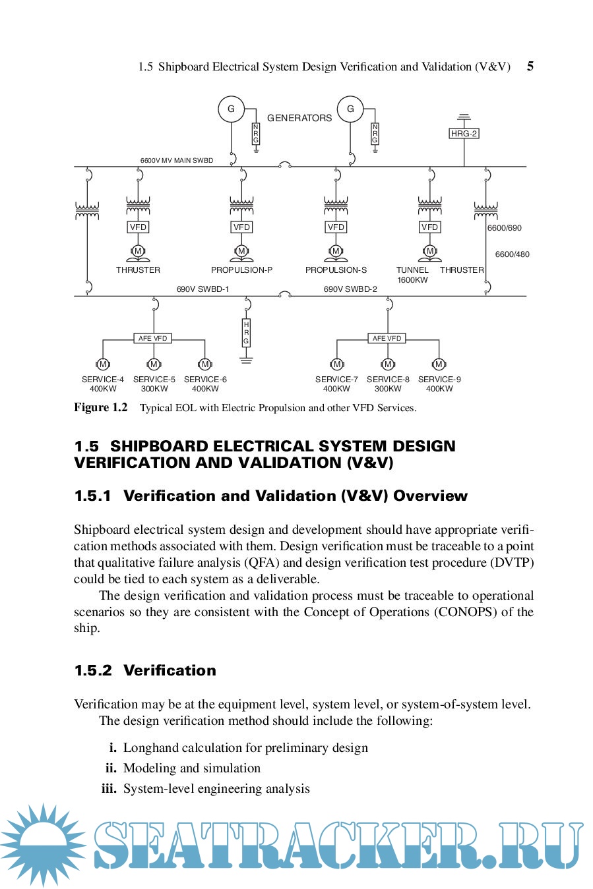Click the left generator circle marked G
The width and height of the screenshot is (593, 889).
pyautogui.click(x=231, y=109)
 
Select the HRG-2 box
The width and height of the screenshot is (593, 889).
pyautogui.click(x=464, y=133)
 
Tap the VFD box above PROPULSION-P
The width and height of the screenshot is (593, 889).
pyautogui.click(x=241, y=227)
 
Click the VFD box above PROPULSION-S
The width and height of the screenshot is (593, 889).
pyautogui.click(x=336, y=227)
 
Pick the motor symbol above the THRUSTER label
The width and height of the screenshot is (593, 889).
pyautogui.click(x=138, y=251)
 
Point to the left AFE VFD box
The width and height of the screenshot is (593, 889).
pyautogui.click(x=153, y=338)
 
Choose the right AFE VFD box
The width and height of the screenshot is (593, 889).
pyautogui.click(x=387, y=338)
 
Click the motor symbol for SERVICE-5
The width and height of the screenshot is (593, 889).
pyautogui.click(x=154, y=364)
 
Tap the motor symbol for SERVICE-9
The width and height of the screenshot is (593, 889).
pyautogui.click(x=439, y=364)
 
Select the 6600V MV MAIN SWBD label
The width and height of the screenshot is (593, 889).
pyautogui.click(x=176, y=160)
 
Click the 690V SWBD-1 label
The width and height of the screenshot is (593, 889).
pyautogui.click(x=203, y=289)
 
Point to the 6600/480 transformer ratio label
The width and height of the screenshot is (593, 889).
pyautogui.click(x=512, y=254)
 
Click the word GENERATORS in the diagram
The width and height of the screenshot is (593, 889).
pyautogui.click(x=299, y=118)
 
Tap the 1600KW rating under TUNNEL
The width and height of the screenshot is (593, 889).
pyautogui.click(x=412, y=280)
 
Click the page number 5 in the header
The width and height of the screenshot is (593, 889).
pyautogui.click(x=530, y=66)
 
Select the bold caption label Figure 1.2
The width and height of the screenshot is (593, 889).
pyautogui.click(x=101, y=407)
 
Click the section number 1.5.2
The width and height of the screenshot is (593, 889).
pyautogui.click(x=93, y=670)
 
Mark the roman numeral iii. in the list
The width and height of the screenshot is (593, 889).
pyautogui.click(x=109, y=789)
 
